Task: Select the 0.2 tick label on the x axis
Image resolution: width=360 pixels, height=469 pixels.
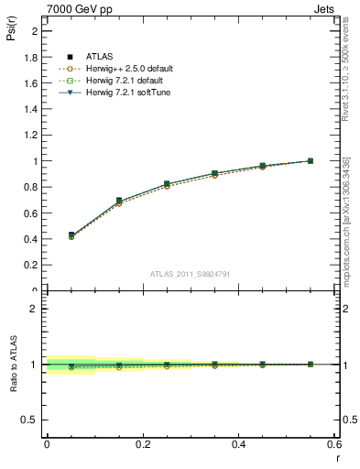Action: click(142, 443)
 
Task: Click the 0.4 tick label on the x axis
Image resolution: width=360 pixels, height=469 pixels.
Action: click(238, 443)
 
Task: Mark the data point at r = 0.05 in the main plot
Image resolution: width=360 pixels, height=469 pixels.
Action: click(71, 235)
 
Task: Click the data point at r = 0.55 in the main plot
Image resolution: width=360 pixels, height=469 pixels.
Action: click(311, 161)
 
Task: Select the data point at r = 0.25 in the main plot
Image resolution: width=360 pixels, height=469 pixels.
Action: click(167, 184)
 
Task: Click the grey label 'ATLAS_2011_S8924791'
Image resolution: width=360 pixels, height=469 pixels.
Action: click(191, 273)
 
